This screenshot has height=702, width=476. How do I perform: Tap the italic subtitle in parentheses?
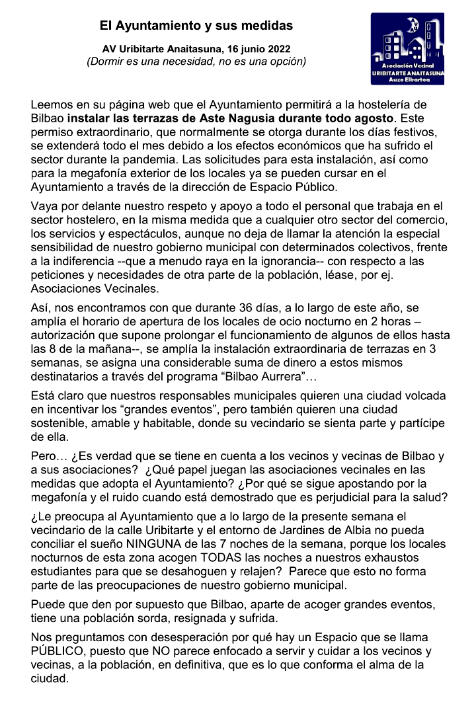pyautogui.click(x=196, y=61)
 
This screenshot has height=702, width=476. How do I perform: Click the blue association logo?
pyautogui.click(x=408, y=49)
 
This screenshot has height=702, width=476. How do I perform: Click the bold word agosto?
pyautogui.click(x=374, y=119)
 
